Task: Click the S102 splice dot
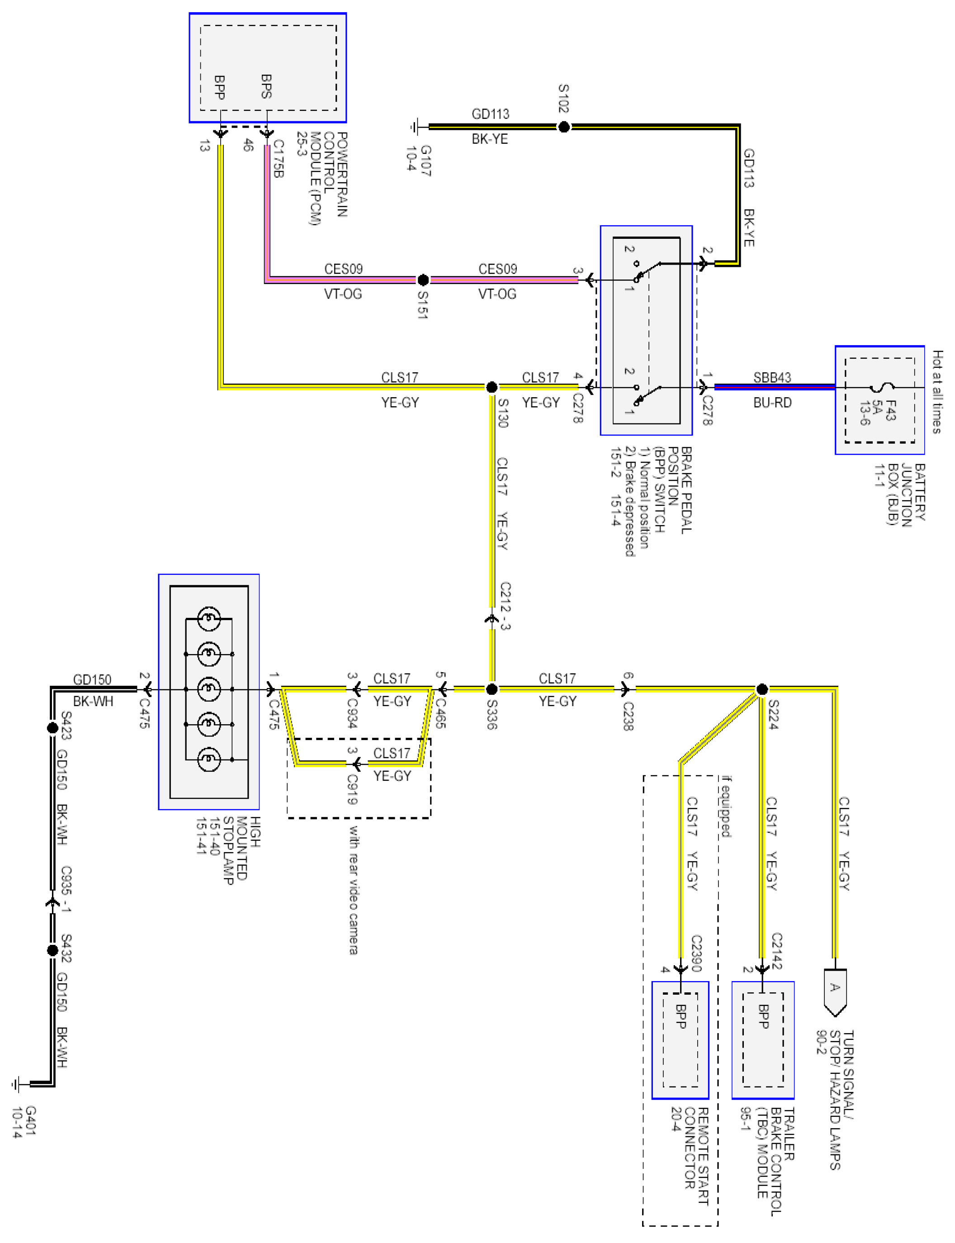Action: pos(563,127)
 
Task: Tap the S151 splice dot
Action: pos(423,280)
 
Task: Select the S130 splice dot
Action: pos(492,387)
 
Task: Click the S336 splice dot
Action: pos(492,689)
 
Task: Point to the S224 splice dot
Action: pos(762,689)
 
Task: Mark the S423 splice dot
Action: pos(52,728)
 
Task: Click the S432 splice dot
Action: pos(52,950)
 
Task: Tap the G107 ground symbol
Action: pos(416,127)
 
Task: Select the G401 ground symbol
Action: pos(17,1084)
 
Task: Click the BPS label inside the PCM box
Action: pos(266,86)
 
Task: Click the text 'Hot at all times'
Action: pos(937,392)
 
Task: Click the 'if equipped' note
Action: pos(726,807)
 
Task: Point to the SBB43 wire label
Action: pos(772,378)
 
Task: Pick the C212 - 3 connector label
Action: pos(505,606)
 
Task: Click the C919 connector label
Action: pos(352,789)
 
